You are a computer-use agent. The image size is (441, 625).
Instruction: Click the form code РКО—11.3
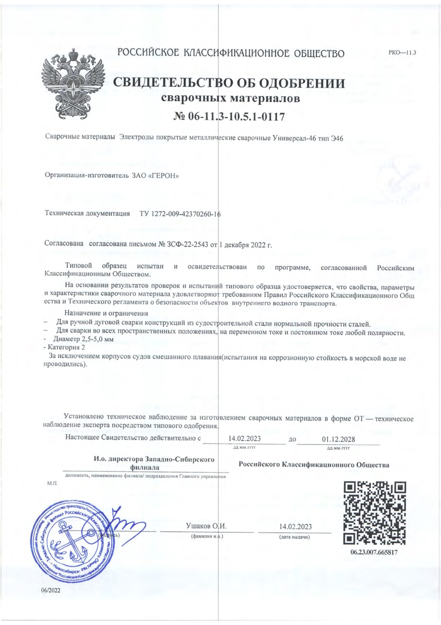[x=402, y=52]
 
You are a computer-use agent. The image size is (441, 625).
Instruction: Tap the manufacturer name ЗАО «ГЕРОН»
[x=155, y=176]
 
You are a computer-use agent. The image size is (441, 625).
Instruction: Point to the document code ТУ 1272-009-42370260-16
[x=180, y=214]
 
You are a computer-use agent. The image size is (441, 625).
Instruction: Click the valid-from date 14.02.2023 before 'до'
[x=244, y=438]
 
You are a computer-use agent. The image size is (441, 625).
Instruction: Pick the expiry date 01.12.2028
[x=338, y=439]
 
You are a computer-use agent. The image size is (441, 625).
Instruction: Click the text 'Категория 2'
[x=66, y=347]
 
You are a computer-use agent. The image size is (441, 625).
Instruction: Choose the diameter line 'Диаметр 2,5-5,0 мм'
[x=83, y=339]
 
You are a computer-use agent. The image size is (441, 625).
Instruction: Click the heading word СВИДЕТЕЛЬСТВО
[x=170, y=83]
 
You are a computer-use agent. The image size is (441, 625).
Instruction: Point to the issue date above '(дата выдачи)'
[x=295, y=526]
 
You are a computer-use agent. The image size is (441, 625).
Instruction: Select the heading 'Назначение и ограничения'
[x=106, y=313]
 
